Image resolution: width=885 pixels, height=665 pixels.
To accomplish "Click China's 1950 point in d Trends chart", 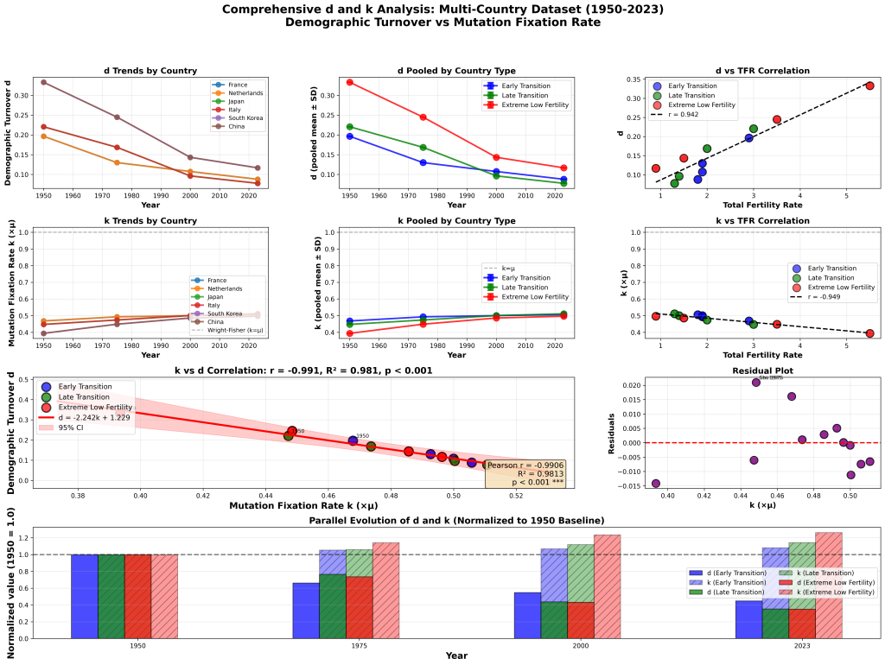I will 43,82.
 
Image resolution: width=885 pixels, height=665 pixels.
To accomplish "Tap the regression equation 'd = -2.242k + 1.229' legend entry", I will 82,417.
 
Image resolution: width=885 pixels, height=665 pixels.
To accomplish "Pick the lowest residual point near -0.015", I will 655,484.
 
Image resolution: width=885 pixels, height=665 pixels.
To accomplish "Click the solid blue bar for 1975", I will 306,611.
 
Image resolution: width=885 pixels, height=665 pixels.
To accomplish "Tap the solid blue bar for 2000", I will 527,615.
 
